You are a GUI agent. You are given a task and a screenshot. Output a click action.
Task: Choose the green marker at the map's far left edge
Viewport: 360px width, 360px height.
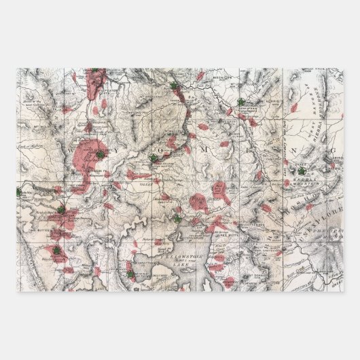[19, 192]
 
